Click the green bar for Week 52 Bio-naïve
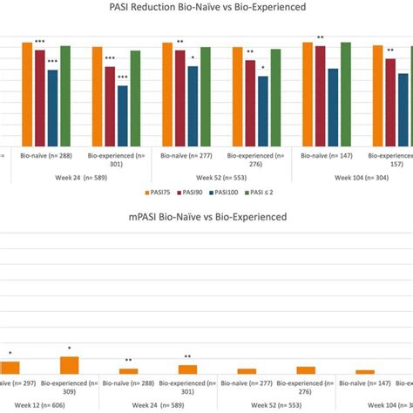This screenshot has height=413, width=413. [206, 96]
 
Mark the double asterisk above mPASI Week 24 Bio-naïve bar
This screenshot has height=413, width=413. [128, 361]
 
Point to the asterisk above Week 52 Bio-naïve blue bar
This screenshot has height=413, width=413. [193, 58]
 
